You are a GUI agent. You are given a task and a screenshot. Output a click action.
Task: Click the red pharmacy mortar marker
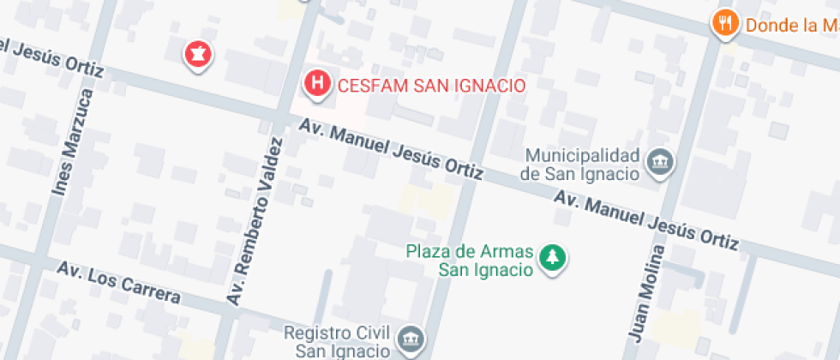point(199,55)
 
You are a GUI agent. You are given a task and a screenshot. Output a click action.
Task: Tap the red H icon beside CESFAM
point(318,83)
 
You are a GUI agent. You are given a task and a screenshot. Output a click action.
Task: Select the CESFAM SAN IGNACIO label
point(431,86)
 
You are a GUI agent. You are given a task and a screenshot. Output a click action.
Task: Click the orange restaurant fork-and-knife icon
point(726,23)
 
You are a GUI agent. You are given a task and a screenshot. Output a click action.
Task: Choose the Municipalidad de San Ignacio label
point(582,165)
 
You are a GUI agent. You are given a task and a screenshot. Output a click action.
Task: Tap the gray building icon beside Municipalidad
point(661,161)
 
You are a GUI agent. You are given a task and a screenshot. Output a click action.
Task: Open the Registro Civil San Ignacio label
point(337,341)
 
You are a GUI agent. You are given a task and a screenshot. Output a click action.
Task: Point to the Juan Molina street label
point(647,291)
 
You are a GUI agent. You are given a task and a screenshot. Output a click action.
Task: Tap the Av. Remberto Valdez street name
point(254,220)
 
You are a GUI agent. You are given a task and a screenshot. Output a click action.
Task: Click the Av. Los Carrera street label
point(119,283)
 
